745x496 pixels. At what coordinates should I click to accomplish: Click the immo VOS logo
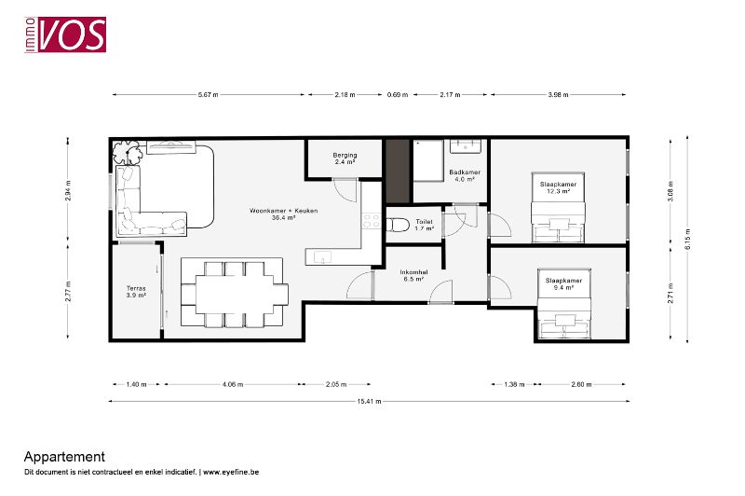coord(65,34)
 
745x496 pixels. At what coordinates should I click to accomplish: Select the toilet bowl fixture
coord(398,225)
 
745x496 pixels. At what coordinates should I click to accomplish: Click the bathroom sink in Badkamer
coord(466,146)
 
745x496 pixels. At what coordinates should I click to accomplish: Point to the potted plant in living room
coord(128,152)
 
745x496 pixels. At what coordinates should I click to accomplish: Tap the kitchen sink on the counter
coord(322,257)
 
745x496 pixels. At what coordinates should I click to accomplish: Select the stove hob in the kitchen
coord(371,221)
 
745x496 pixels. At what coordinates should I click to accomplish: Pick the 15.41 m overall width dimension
coord(369,401)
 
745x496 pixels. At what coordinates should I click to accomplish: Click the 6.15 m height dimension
coord(687,240)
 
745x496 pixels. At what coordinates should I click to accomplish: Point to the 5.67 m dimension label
coord(208,95)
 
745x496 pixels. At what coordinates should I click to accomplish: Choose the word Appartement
coord(64,457)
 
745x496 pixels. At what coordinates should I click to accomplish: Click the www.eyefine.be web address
coord(231,472)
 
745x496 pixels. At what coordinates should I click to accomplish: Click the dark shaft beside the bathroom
coord(398,171)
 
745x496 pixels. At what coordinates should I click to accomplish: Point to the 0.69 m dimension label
coord(398,95)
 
